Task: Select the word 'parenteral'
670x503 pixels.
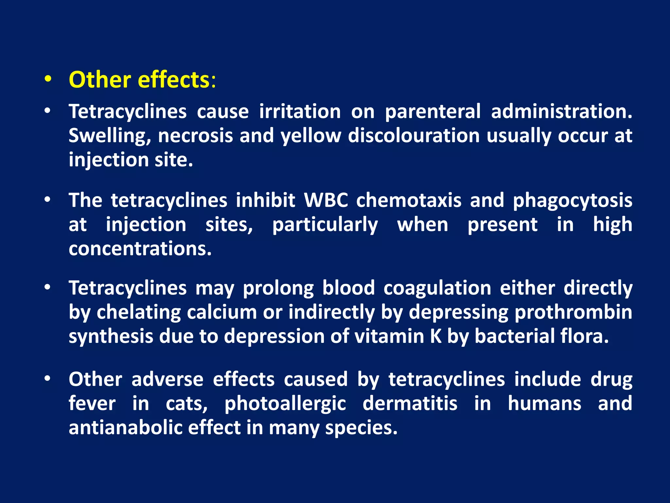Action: (x=432, y=112)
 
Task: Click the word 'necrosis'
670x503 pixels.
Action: (x=195, y=136)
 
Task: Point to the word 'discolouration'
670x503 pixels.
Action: (x=414, y=136)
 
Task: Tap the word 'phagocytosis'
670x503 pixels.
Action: (x=573, y=200)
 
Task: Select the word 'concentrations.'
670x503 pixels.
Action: (x=140, y=249)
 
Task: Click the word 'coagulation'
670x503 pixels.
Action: (x=437, y=289)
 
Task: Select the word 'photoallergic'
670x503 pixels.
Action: (x=285, y=403)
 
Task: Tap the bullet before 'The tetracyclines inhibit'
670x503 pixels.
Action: (x=48, y=199)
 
